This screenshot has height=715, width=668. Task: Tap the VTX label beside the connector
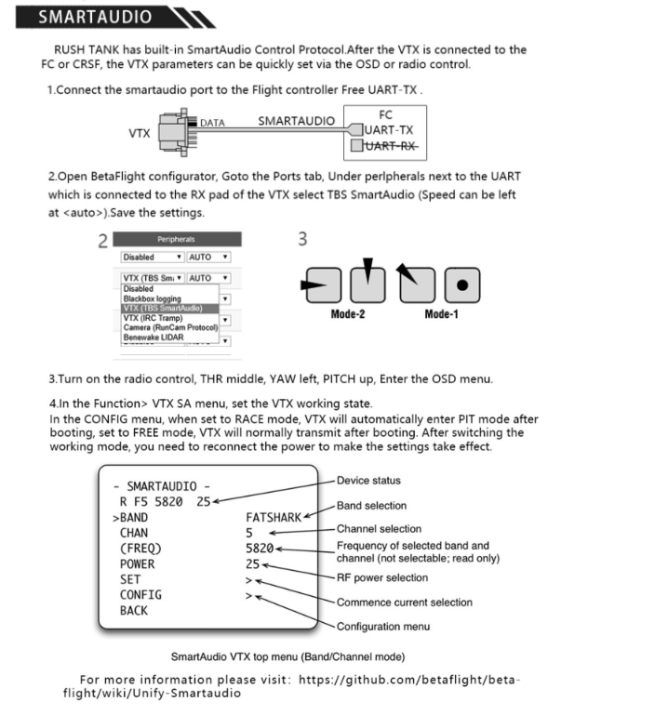tap(140, 133)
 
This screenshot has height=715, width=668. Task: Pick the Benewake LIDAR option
tap(157, 336)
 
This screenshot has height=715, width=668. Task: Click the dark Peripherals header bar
tap(175, 239)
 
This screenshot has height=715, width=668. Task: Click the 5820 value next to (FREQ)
tap(260, 549)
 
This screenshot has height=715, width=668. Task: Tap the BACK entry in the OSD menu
tap(134, 611)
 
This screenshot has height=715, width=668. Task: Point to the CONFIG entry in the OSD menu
tap(140, 595)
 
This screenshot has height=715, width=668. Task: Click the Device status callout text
tap(369, 481)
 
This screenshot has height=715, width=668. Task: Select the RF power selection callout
tap(382, 578)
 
